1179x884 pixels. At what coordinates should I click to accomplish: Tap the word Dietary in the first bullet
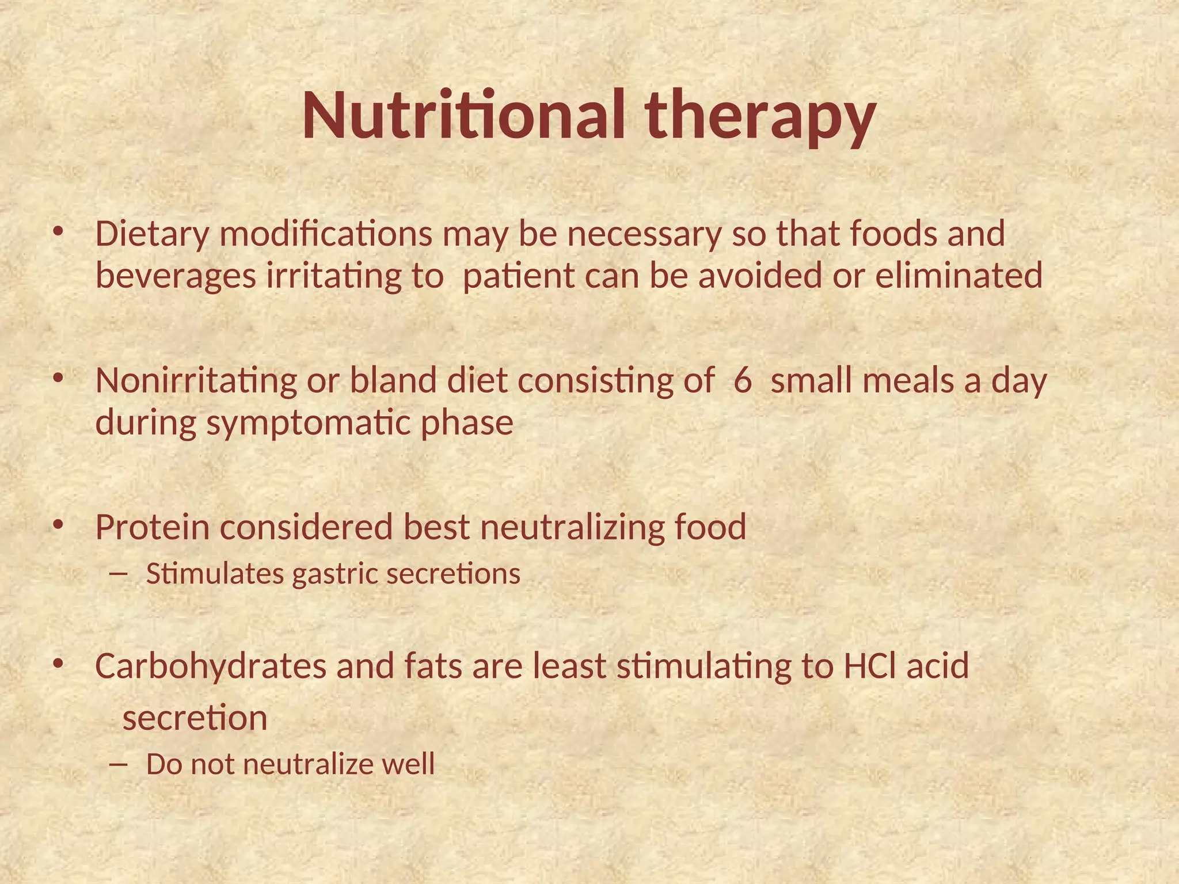point(152,235)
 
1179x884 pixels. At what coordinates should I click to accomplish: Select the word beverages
point(176,276)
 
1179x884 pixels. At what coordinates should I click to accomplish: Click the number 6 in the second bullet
point(743,381)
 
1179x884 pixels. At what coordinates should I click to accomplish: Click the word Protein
point(152,527)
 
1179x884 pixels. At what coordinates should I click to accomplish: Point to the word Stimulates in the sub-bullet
point(215,574)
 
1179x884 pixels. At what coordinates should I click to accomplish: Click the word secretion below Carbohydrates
point(195,719)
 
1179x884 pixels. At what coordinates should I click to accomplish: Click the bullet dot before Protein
point(58,524)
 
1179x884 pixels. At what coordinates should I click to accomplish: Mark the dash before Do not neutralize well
point(119,765)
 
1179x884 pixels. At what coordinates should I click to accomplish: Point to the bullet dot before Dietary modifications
point(58,231)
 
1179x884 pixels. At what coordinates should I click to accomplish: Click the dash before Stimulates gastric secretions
point(119,574)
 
